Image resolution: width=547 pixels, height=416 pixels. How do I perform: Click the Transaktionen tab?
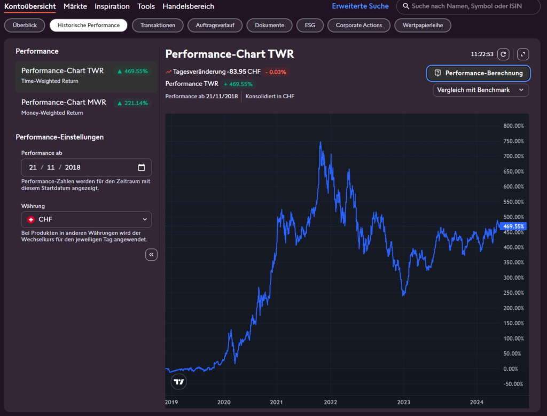pos(158,25)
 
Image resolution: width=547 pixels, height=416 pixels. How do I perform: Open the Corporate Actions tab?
pos(358,25)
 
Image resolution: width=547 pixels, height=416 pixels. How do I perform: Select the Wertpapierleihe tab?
pos(423,25)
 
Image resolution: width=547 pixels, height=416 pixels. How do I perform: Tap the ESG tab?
pos(310,25)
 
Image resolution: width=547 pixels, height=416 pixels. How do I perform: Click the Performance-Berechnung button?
pos(478,73)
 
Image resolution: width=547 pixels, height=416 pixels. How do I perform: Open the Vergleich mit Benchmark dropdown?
pos(481,90)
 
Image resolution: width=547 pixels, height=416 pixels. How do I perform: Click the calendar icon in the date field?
pos(141,167)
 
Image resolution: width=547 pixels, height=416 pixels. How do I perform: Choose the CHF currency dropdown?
pos(87,219)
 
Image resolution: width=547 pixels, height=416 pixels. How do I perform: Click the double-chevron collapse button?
pos(151,255)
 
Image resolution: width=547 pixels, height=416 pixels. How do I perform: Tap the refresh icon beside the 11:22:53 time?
pos(503,54)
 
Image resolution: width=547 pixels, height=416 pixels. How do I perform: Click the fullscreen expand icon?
pos(522,54)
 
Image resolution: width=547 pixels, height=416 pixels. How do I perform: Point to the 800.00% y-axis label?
pos(513,126)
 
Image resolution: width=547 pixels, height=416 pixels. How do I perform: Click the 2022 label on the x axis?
pos(330,402)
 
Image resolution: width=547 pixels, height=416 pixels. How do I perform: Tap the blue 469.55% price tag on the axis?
pos(512,226)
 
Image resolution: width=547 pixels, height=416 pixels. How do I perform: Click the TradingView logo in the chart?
pos(179,382)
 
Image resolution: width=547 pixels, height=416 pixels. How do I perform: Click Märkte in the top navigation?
pos(75,6)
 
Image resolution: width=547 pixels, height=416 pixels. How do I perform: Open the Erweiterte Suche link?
pos(360,6)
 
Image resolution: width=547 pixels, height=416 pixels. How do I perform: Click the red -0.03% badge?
pos(276,72)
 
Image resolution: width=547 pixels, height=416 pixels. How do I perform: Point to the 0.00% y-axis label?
pos(510,369)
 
